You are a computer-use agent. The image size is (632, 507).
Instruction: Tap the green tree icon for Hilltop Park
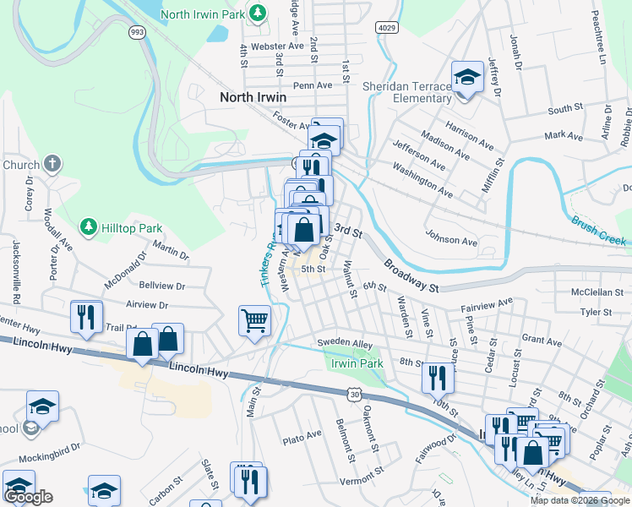[88, 226]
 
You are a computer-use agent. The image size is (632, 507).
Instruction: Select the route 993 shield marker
[135, 31]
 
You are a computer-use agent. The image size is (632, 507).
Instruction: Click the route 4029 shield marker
[386, 28]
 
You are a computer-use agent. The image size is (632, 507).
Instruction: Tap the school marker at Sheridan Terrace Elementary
[465, 79]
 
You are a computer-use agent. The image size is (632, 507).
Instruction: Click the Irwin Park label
[358, 363]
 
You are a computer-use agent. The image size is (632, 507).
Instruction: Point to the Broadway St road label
[411, 275]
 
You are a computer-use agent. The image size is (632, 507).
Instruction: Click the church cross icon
[52, 164]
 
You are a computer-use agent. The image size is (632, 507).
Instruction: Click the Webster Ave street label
[272, 46]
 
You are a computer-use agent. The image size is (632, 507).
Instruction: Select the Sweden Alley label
[345, 343]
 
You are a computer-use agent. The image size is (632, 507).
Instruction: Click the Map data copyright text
[580, 500]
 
